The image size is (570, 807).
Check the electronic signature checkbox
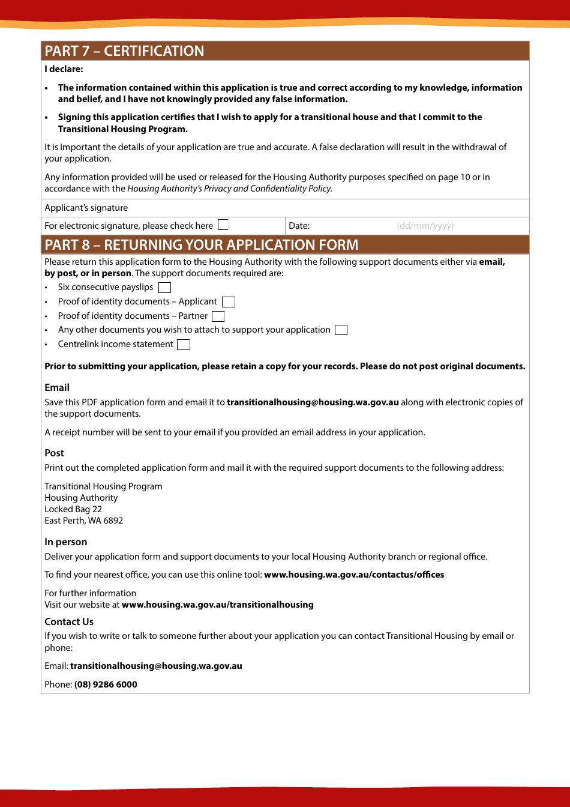(223, 225)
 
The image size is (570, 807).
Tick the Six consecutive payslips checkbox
(164, 288)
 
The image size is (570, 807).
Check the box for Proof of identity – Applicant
(228, 302)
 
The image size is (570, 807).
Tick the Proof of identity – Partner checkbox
(218, 316)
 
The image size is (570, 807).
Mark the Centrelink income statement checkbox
(184, 345)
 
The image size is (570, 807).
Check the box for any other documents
(341, 330)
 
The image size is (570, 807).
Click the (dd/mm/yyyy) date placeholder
(425, 226)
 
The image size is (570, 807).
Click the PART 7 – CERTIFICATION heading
(124, 51)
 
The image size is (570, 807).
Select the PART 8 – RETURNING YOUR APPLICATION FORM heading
(201, 245)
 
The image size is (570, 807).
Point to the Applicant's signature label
(86, 208)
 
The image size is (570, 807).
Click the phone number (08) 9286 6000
(106, 685)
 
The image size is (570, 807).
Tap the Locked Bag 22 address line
(73, 509)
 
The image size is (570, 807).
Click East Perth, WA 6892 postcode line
(83, 521)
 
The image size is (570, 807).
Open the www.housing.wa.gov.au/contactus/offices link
(354, 575)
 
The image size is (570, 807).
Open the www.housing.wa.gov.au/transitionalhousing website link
(217, 605)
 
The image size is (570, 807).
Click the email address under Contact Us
(156, 666)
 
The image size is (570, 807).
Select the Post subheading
(54, 453)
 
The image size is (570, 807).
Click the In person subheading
(65, 542)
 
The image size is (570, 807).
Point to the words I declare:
(64, 70)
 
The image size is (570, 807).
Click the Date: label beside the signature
(299, 226)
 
